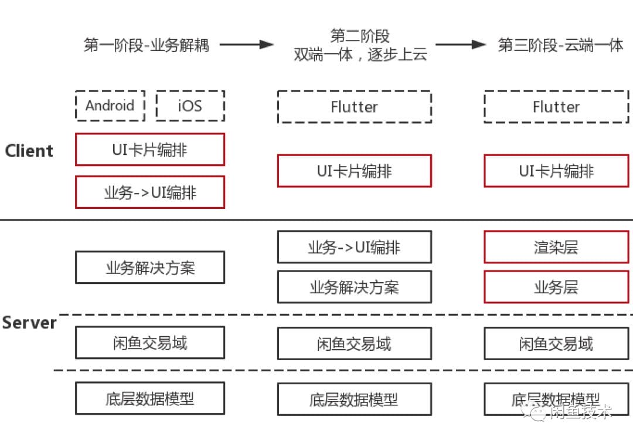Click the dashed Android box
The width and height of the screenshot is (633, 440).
click(x=110, y=106)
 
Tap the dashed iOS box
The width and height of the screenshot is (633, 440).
click(x=190, y=106)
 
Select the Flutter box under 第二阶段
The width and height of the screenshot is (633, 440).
click(x=354, y=107)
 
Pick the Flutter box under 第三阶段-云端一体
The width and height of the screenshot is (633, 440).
click(x=556, y=107)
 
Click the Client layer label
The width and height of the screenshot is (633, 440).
click(x=29, y=151)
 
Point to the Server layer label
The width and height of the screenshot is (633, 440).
click(x=29, y=323)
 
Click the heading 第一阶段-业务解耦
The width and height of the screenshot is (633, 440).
click(x=147, y=45)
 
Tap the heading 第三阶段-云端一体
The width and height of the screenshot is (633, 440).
click(x=560, y=45)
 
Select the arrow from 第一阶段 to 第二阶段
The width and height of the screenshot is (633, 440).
click(x=246, y=45)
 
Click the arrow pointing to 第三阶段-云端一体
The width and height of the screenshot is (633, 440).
click(x=461, y=45)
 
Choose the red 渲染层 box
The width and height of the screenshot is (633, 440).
click(x=556, y=247)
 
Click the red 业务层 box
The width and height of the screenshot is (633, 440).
click(x=556, y=287)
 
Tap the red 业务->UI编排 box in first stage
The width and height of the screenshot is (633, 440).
click(x=150, y=192)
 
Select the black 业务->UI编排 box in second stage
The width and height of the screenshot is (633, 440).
click(x=354, y=247)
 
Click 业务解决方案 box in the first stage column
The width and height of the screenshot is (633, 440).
click(x=150, y=268)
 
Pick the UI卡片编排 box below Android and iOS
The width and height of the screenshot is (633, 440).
click(x=150, y=150)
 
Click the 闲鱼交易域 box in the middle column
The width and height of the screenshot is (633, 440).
click(x=354, y=343)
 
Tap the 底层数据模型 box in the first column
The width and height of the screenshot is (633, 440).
click(x=150, y=399)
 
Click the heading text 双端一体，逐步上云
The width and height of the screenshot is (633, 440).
click(x=360, y=55)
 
